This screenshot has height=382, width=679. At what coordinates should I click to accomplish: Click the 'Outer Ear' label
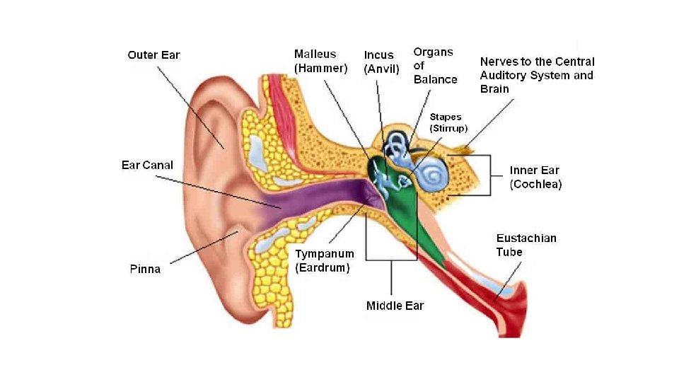[153, 55]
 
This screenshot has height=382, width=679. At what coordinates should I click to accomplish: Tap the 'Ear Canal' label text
[147, 165]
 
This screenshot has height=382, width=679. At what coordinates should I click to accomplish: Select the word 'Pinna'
[145, 269]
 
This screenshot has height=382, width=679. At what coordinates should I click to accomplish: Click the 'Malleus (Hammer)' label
[320, 62]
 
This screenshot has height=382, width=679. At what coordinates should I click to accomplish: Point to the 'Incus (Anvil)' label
[381, 62]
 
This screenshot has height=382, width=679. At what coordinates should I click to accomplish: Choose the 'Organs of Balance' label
[435, 65]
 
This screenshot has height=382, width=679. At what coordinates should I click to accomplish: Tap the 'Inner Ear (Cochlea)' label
[535, 177]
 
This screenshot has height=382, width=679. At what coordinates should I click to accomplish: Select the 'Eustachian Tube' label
[526, 245]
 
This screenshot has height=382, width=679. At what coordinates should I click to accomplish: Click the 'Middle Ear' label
[395, 306]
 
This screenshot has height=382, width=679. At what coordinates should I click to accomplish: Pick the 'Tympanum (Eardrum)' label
[324, 261]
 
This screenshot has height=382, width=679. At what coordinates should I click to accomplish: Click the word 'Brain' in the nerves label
[495, 89]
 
